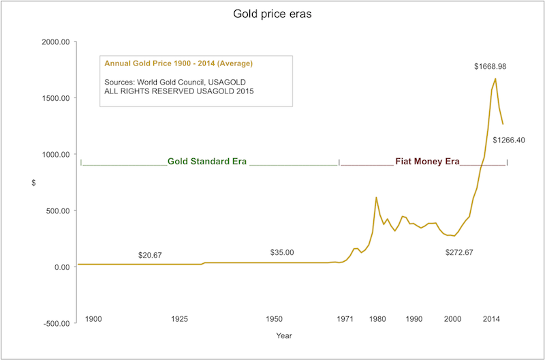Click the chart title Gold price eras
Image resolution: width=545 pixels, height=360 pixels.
272,13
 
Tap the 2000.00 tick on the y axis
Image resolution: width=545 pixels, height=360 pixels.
55,42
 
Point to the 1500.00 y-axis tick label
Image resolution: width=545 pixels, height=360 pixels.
55,98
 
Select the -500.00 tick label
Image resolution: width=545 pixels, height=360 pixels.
55,323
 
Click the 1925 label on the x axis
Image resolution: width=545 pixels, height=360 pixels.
179,319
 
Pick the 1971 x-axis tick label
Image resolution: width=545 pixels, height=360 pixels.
345,319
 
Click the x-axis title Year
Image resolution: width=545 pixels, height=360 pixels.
284,335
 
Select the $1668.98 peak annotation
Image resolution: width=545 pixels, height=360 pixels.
495,67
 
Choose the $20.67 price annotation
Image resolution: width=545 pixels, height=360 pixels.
150,254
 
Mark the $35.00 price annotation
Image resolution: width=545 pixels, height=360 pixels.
282,252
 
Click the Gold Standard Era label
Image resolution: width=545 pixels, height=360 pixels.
207,162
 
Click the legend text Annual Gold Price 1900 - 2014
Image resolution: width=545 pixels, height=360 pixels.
178,63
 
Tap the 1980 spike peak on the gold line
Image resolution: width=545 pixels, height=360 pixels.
376,198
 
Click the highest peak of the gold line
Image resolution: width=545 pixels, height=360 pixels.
495,78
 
